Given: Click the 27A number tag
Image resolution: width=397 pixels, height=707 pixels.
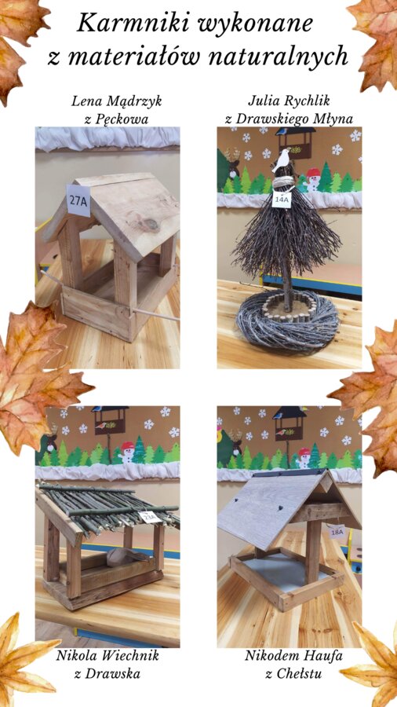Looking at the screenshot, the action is pos(78,200).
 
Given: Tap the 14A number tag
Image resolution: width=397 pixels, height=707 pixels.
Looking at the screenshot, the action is pos(282,199).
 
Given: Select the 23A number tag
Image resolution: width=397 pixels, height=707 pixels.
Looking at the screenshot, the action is pos(151,518).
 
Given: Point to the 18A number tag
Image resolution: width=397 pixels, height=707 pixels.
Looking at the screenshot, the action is pos(337,532).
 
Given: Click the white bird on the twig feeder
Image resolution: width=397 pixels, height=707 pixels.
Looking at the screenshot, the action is pos(282,160).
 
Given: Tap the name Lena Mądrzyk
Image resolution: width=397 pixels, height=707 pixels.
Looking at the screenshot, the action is pos(117,101).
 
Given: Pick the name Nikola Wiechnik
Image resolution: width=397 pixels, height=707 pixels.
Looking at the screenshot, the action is pos(107,655).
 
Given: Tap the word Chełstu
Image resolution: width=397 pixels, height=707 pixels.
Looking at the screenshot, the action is pos(298,674).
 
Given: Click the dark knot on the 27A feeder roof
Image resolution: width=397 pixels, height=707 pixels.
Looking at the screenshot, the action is pos(151,224).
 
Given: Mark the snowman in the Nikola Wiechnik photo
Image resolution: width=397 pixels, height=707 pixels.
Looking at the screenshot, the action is pos(127,452).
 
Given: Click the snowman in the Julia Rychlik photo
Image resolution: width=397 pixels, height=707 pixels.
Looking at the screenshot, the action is pos(312,179).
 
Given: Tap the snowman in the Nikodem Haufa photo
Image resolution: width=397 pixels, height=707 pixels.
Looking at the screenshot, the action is pos(304,458).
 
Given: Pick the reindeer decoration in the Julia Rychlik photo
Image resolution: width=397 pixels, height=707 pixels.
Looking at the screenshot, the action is pos(231,163).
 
